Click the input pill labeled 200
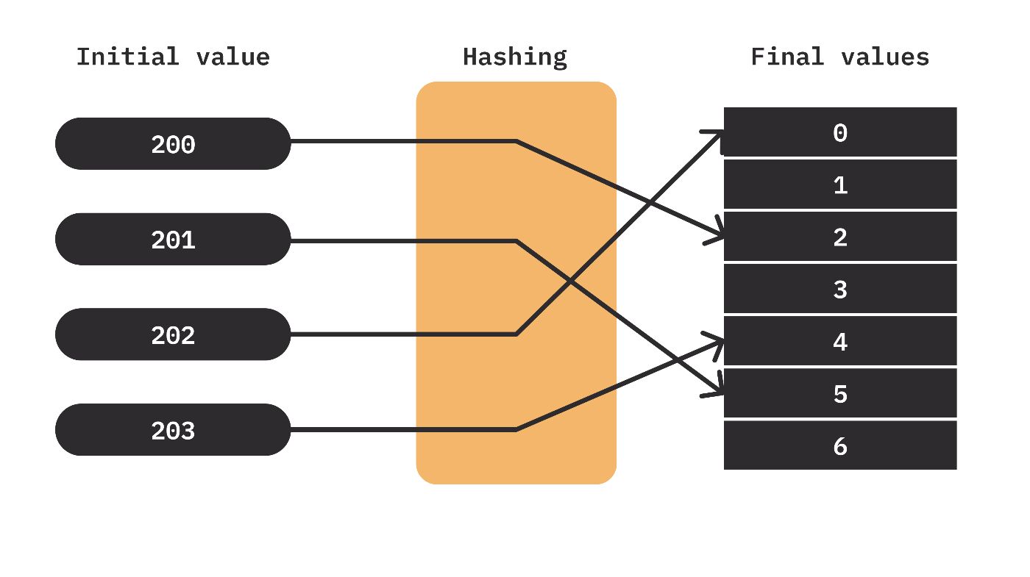[173, 143]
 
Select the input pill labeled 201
[173, 239]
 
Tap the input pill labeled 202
[173, 334]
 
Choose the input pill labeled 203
[173, 429]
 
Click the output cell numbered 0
[840, 132]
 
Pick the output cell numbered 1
[840, 184]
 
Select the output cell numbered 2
[840, 237]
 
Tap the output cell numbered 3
[840, 289]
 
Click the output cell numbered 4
[840, 341]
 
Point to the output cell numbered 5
[840, 393]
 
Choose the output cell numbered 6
[840, 445]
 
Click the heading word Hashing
[514, 57]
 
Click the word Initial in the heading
[127, 57]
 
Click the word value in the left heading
[233, 57]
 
